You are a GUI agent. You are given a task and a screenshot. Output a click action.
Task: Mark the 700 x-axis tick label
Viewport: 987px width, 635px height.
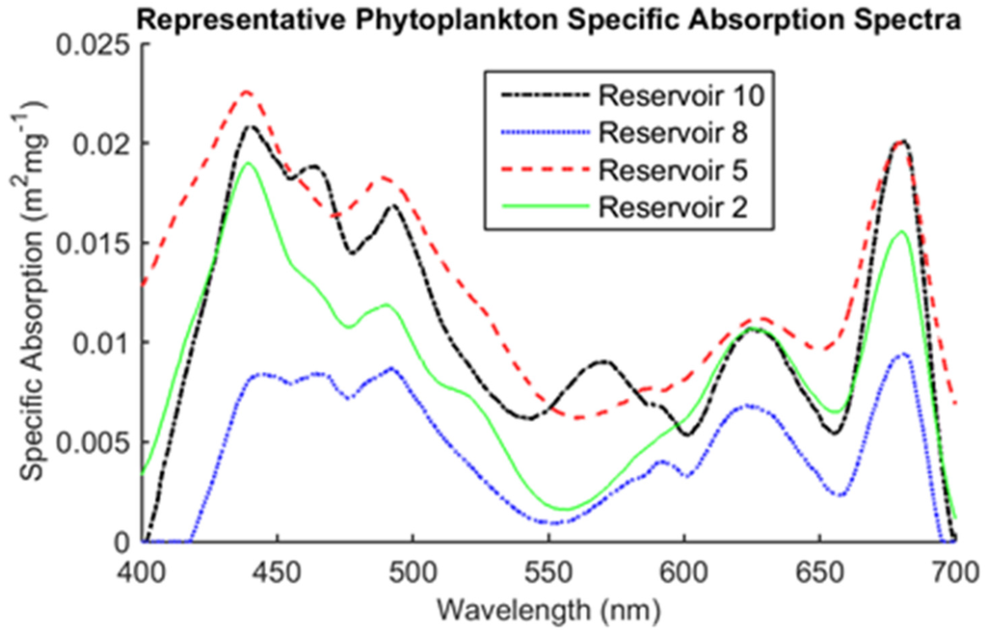pos(954,568)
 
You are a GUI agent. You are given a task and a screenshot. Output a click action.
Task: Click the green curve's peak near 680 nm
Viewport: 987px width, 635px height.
pos(902,231)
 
